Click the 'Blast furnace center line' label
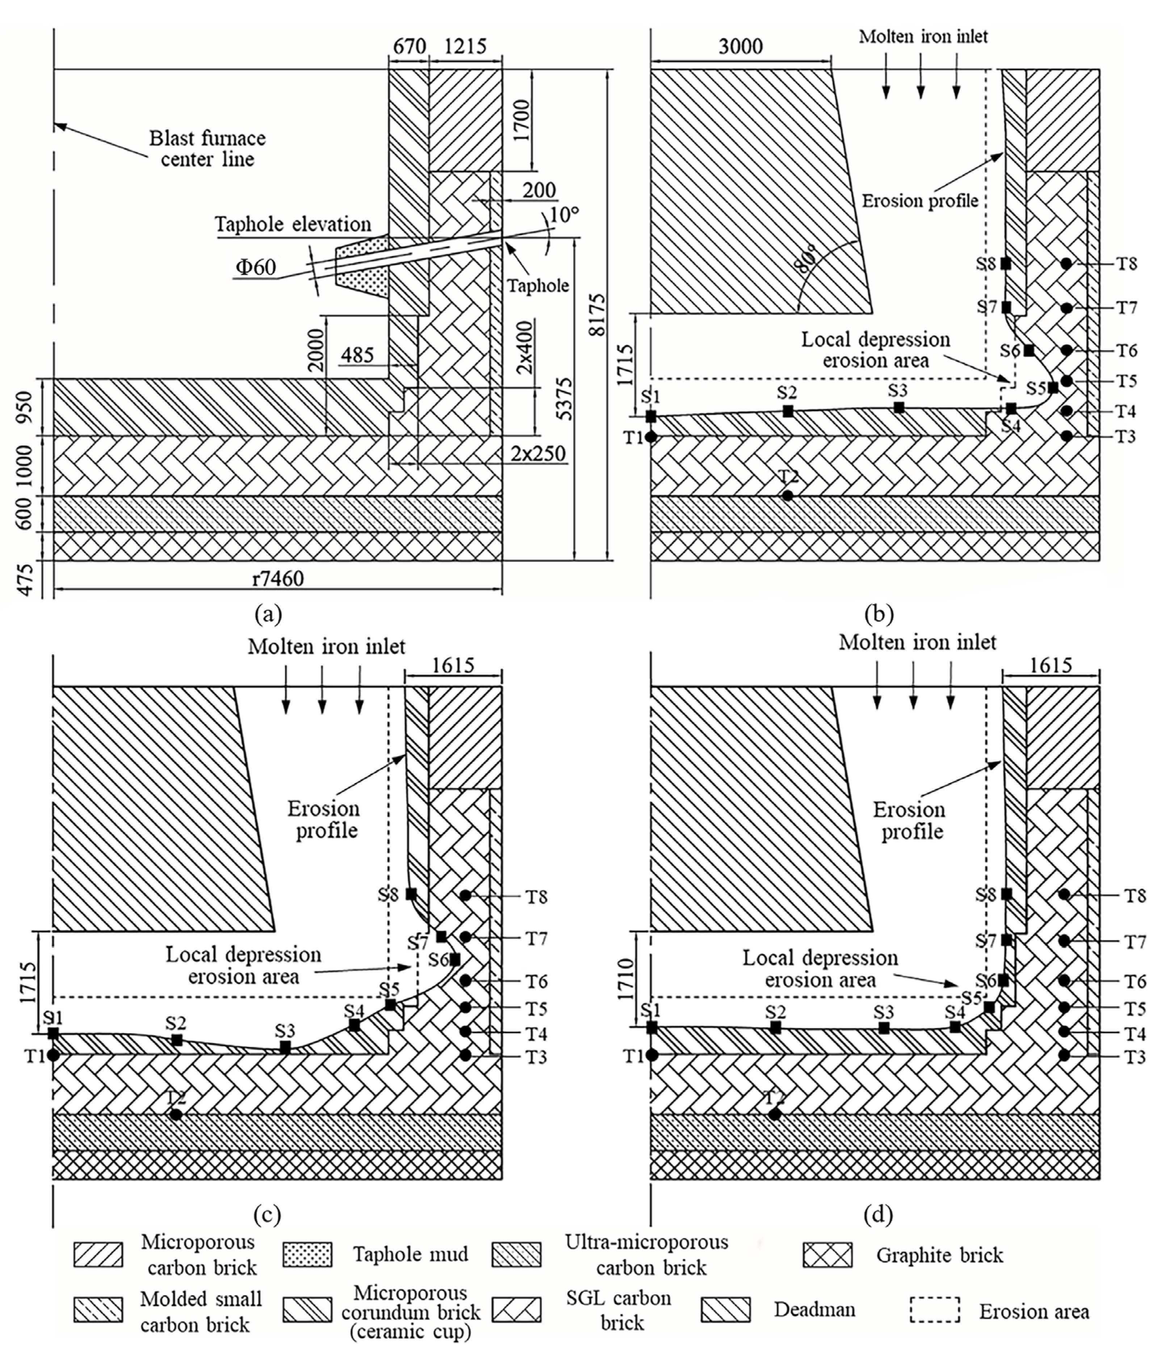pos(207,148)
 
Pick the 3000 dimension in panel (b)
pos(740,47)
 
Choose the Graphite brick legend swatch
pos(827,1255)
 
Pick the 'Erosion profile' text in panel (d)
pos(909,820)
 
